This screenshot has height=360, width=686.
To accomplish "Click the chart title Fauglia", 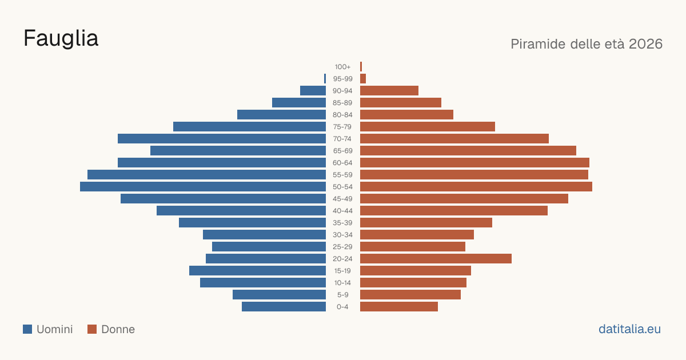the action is coord(61,39).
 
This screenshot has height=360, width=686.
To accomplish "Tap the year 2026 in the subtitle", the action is coord(645,44).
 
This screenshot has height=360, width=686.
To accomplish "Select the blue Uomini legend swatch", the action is coord(27,329).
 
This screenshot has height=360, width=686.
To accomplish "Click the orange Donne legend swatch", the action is coord(92,329).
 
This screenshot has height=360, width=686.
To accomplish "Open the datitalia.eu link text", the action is coord(629,329).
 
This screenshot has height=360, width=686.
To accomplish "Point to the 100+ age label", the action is coord(342,67).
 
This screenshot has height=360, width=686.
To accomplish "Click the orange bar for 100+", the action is coord(361,67).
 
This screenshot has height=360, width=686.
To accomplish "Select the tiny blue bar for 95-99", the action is coord(325,79).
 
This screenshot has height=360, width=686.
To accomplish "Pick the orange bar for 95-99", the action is coord(363,79).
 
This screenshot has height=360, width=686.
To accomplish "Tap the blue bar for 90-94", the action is coord(313,91).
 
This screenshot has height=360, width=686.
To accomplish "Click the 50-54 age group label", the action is coord(342,187).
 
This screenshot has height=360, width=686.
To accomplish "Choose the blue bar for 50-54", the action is coord(203,187).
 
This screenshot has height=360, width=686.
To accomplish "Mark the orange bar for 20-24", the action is coord(436,259).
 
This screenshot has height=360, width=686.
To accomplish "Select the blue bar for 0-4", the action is coord(284,307).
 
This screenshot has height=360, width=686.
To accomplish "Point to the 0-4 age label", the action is coord(342,307).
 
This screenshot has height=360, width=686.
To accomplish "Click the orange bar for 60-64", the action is coord(474,162).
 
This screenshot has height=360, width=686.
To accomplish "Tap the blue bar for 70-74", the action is coord(222,139).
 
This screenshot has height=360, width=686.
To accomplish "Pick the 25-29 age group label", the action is coord(342,247).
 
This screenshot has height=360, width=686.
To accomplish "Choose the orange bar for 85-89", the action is coord(401,102).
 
